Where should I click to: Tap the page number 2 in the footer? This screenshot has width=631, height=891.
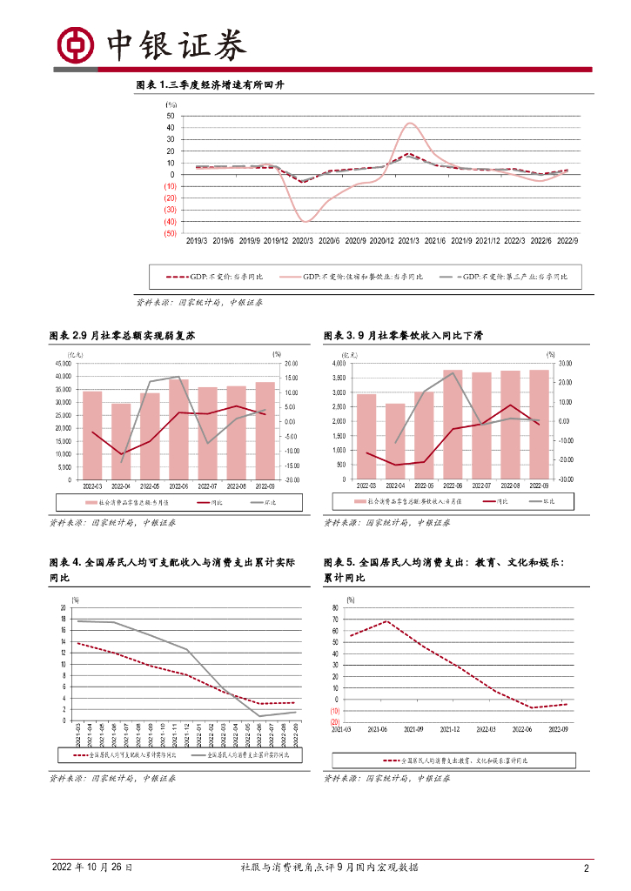(587, 868)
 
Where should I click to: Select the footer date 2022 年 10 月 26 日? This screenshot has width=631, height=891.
(93, 868)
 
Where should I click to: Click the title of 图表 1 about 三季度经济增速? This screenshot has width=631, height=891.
(211, 85)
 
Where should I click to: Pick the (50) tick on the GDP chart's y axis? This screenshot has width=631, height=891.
(169, 233)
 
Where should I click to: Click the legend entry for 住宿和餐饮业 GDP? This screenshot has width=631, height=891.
(359, 277)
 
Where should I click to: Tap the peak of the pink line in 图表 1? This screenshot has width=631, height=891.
(410, 124)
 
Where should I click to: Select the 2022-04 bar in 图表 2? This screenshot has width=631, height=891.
(121, 441)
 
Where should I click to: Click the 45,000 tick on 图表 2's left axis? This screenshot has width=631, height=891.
(62, 364)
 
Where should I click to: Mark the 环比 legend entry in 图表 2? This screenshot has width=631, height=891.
(262, 502)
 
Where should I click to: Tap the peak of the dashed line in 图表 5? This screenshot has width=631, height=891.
(386, 621)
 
